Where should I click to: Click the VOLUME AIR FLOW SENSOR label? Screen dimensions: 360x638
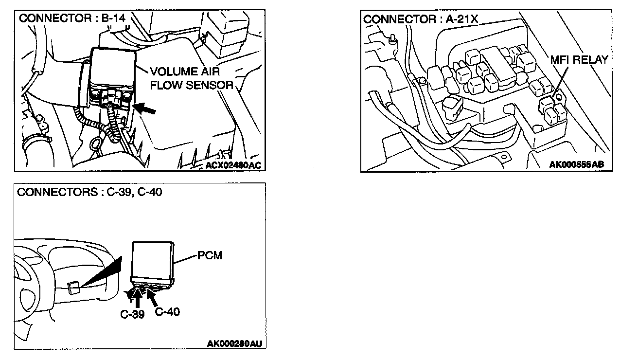coord(192,77)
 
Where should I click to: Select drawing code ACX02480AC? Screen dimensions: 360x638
coord(233,165)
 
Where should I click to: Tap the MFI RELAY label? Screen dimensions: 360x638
coord(579,60)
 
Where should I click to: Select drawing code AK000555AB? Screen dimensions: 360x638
coord(577,165)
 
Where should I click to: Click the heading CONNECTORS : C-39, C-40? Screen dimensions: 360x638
coord(89,192)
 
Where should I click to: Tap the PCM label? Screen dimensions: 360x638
coord(210,255)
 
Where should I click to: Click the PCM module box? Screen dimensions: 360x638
coord(152,260)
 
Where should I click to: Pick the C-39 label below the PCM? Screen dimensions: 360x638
coord(132,314)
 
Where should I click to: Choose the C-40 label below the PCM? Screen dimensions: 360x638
coord(167,311)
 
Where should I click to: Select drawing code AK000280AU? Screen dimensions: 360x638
coord(234,344)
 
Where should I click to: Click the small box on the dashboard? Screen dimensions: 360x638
coord(74,288)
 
